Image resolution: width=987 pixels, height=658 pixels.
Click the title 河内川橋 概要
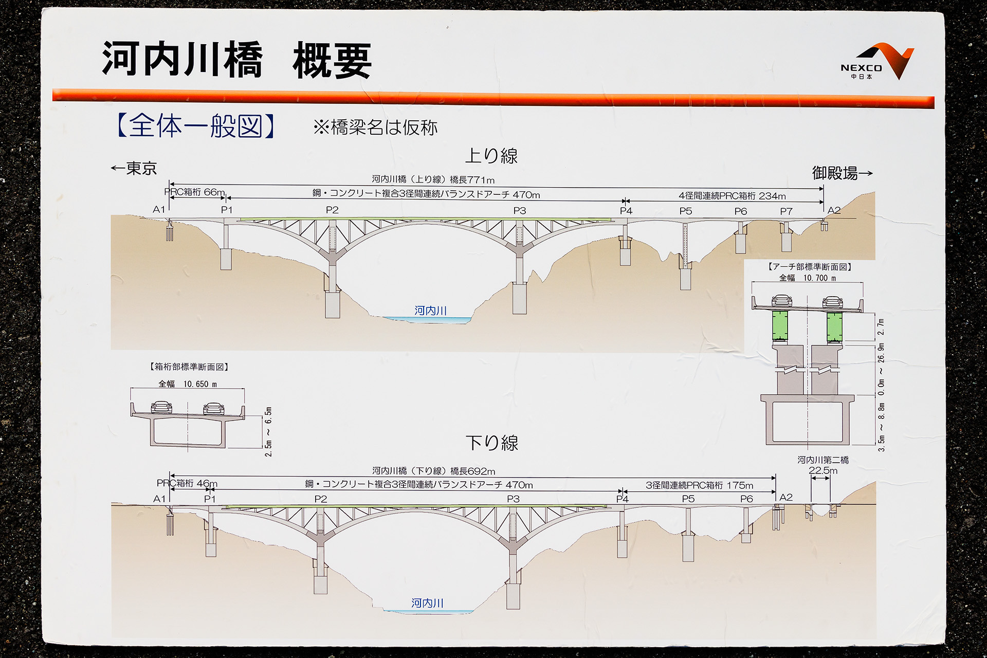(236, 60)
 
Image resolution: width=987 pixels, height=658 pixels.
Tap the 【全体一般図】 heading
(196, 126)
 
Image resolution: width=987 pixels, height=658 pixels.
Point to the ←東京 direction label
(134, 168)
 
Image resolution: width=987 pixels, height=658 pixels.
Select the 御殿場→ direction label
(842, 173)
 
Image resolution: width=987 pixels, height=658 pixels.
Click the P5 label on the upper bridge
(685, 211)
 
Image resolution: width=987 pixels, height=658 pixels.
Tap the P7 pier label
(786, 211)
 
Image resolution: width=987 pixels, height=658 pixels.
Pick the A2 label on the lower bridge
(786, 497)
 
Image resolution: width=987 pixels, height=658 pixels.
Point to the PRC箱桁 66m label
(195, 192)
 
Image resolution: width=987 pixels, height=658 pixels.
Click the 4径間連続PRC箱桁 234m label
(732, 196)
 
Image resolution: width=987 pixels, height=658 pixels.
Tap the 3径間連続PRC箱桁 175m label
(699, 485)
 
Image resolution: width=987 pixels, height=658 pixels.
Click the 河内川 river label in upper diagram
(430, 310)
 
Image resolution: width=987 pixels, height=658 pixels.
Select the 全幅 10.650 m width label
(188, 384)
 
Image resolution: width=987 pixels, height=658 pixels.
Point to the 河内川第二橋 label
(822, 460)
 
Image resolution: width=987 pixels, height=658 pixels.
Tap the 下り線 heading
(491, 443)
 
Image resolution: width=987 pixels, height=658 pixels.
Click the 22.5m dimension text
(822, 470)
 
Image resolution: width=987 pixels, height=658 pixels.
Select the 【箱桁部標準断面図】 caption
(189, 367)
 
